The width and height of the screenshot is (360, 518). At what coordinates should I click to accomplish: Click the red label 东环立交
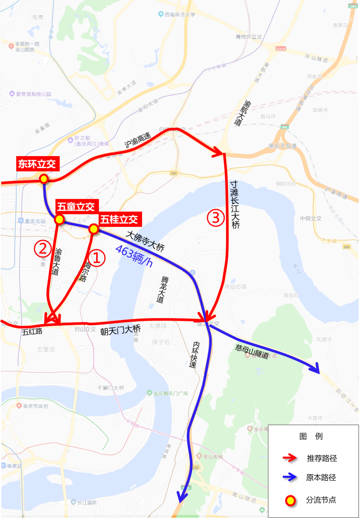(37, 164)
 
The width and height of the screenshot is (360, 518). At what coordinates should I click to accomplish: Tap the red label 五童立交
(76, 207)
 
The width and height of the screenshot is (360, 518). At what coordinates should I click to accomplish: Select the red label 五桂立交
(119, 219)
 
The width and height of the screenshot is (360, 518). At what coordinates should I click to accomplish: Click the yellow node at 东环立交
(44, 179)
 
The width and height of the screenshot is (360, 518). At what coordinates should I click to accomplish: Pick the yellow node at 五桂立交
(94, 229)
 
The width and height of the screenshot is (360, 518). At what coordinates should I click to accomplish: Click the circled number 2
(43, 249)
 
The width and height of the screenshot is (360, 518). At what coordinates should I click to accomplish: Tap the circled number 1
(97, 258)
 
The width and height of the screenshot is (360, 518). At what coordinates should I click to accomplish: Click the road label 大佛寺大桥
(145, 241)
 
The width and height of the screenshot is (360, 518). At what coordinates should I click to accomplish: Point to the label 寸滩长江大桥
(235, 204)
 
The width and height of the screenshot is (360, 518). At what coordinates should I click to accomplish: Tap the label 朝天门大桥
(120, 330)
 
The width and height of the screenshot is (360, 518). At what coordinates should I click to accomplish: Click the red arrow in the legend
(290, 458)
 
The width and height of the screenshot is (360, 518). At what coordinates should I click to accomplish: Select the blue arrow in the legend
(290, 477)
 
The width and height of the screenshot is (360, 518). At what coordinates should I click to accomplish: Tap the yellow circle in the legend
(290, 500)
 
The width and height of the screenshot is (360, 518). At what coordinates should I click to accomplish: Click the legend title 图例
(311, 436)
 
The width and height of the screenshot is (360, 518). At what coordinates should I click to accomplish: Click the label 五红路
(32, 332)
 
